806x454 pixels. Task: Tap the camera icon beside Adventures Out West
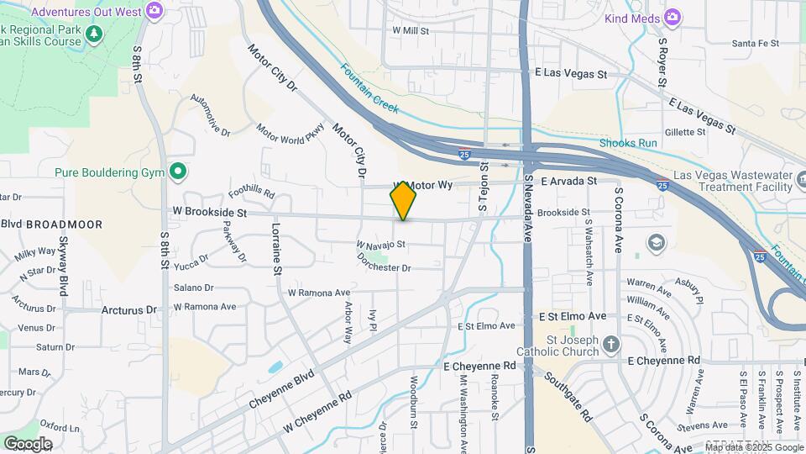point(154,10)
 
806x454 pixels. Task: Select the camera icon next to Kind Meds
point(672,17)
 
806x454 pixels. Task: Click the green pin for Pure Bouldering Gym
point(177,172)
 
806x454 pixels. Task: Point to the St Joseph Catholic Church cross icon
point(611,344)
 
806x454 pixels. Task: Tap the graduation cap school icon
point(655,243)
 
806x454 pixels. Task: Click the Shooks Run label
point(628,143)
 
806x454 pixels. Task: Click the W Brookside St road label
point(210,214)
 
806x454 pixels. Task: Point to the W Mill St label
point(411,30)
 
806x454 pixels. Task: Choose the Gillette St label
point(685,132)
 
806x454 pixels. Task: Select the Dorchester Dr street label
point(383,268)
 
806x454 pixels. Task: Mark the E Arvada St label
point(568,181)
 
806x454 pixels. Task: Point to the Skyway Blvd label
point(63,266)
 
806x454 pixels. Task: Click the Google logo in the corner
point(28,443)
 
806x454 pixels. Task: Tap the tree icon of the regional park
point(95,33)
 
